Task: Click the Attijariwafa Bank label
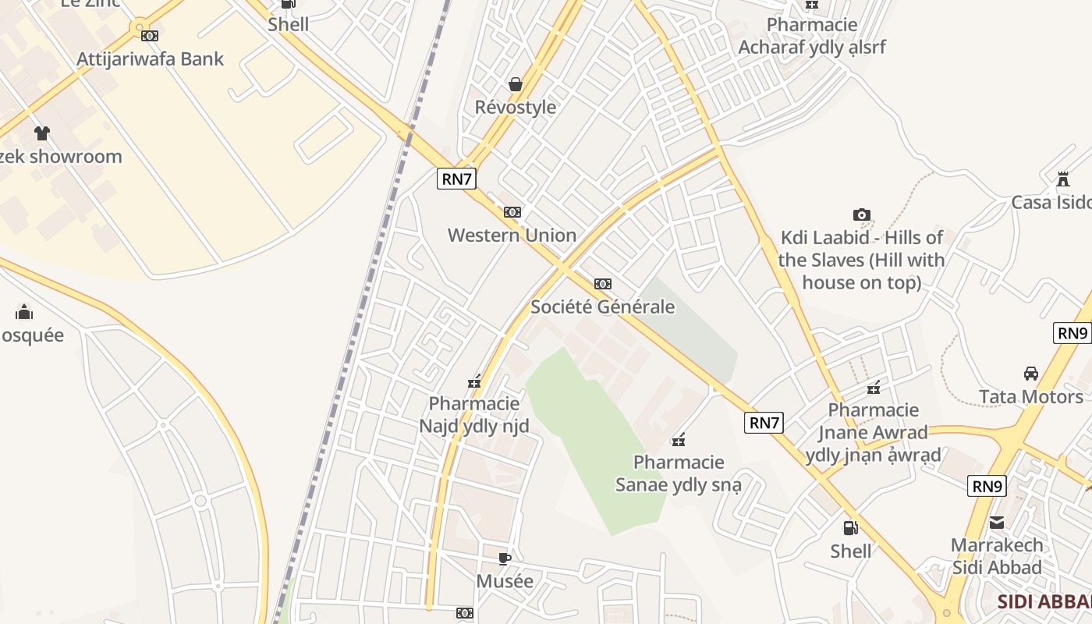click(150, 59)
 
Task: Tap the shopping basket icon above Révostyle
click(515, 83)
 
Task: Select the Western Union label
click(512, 235)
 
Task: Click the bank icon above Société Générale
click(602, 284)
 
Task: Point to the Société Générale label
click(602, 307)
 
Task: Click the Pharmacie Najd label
click(474, 415)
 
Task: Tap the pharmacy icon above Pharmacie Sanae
click(679, 440)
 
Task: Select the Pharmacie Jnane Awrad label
click(874, 432)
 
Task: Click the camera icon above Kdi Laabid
click(861, 214)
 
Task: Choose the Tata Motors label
click(1030, 396)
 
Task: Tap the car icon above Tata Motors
click(1030, 373)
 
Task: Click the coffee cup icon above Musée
click(505, 558)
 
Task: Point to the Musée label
click(505, 581)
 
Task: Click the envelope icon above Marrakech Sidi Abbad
click(997, 523)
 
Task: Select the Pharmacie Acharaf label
click(811, 36)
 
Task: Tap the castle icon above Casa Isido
click(1062, 179)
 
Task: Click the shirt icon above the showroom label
click(42, 133)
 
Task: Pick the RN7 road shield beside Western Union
click(456, 179)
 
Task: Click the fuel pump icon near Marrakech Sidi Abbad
click(850, 528)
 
